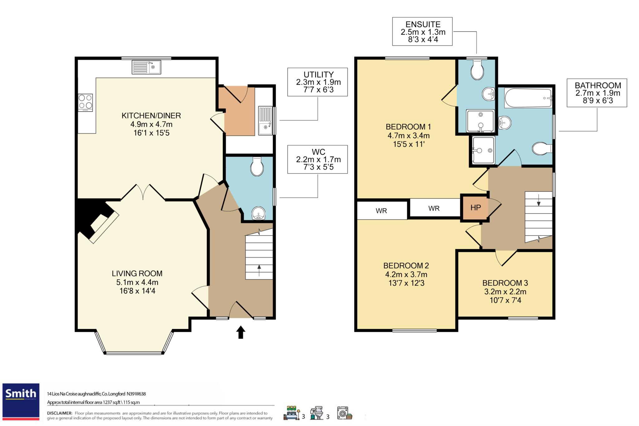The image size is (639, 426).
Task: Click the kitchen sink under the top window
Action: click(x=146, y=67)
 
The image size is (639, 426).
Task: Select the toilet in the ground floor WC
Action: click(x=257, y=167)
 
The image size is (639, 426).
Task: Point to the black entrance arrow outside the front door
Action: click(x=241, y=332)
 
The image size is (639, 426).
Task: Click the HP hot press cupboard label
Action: click(x=476, y=208)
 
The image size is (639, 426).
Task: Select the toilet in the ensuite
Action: click(x=477, y=70)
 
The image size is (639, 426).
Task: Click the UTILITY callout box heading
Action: click(x=319, y=75)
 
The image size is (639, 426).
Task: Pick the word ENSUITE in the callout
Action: click(x=423, y=24)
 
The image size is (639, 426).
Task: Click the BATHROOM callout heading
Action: click(x=598, y=86)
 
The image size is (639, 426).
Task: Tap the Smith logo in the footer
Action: click(x=21, y=401)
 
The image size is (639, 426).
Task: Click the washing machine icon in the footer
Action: click(x=344, y=413)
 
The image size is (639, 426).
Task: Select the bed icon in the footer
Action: click(x=291, y=413)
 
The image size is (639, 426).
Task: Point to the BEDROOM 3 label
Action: click(x=505, y=283)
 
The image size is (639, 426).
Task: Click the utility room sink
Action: click(x=266, y=121)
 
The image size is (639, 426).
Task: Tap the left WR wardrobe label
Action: click(x=381, y=211)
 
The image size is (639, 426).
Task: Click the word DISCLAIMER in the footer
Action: click(x=60, y=413)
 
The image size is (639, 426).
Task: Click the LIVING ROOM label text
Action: click(x=137, y=274)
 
